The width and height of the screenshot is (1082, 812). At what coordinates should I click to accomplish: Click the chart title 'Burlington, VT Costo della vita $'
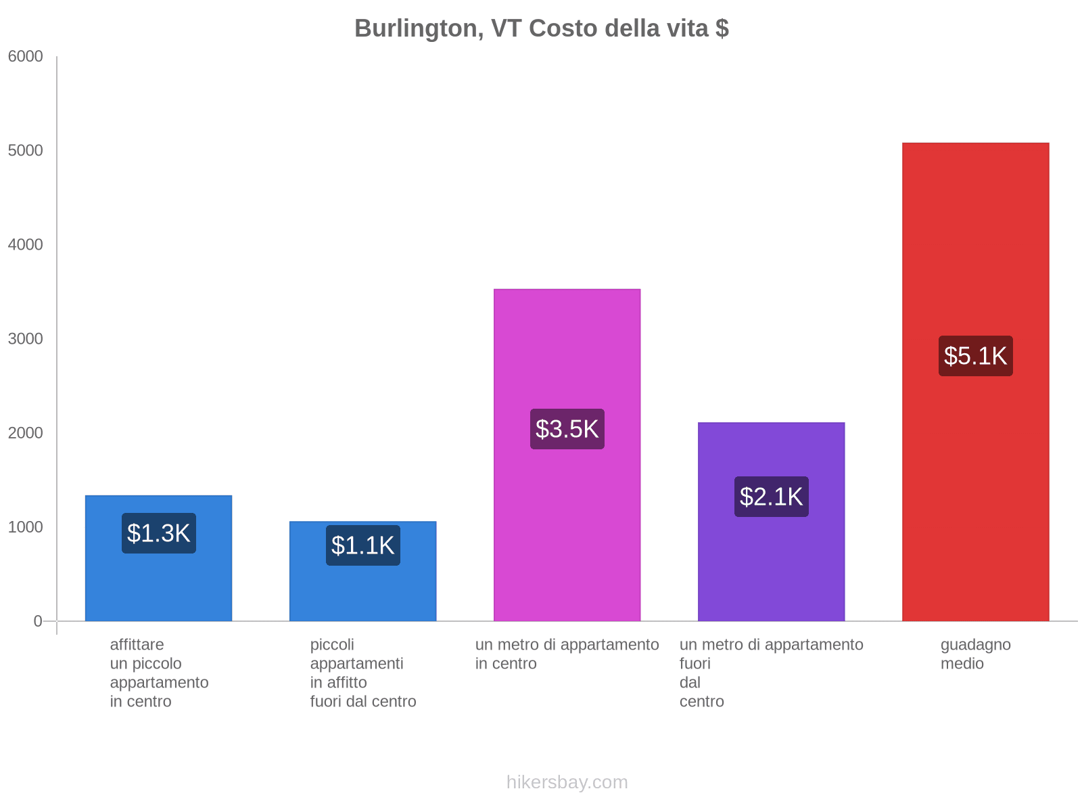pos(541,28)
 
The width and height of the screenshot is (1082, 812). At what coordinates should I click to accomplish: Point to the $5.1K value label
pos(975,356)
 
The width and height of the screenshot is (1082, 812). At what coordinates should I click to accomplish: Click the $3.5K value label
pos(567,429)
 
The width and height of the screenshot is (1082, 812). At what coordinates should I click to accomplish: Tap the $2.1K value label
pos(771,497)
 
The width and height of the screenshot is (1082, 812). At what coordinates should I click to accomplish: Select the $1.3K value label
pos(158,533)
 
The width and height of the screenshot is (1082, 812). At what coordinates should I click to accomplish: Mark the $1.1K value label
pos(362,545)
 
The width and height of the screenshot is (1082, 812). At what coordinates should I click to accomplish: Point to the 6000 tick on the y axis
pos(26,57)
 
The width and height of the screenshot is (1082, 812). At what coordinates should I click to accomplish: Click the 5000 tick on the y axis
pos(26,151)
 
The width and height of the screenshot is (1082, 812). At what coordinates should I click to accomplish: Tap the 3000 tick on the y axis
pos(26,339)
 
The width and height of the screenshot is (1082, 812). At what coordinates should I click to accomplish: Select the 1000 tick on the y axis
pos(26,527)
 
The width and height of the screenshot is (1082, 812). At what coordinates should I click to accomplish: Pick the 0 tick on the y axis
pos(38,621)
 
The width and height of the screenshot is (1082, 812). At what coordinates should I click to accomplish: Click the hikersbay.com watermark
pos(567,782)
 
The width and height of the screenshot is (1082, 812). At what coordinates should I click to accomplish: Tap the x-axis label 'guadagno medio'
pos(975,654)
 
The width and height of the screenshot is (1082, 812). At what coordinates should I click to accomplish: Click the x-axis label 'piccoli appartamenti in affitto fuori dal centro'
pos(362,673)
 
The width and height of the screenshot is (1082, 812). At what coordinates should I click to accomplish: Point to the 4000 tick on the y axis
pos(26,245)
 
